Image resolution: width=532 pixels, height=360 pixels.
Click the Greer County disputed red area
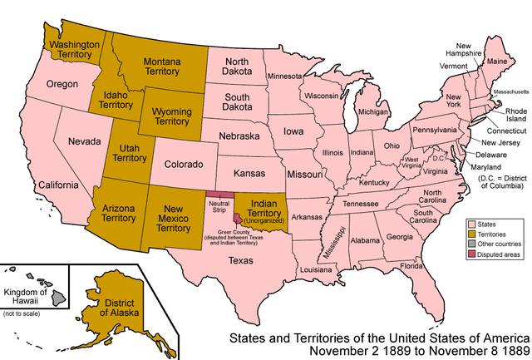click(239, 218)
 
